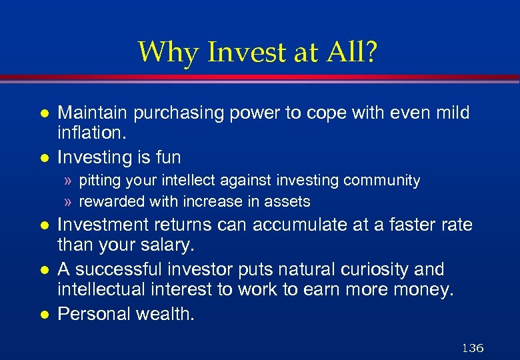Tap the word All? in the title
(353, 52)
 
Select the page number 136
(472, 347)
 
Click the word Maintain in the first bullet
(93, 113)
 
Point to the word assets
(288, 201)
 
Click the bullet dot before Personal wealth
(45, 313)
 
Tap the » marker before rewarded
(69, 201)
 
